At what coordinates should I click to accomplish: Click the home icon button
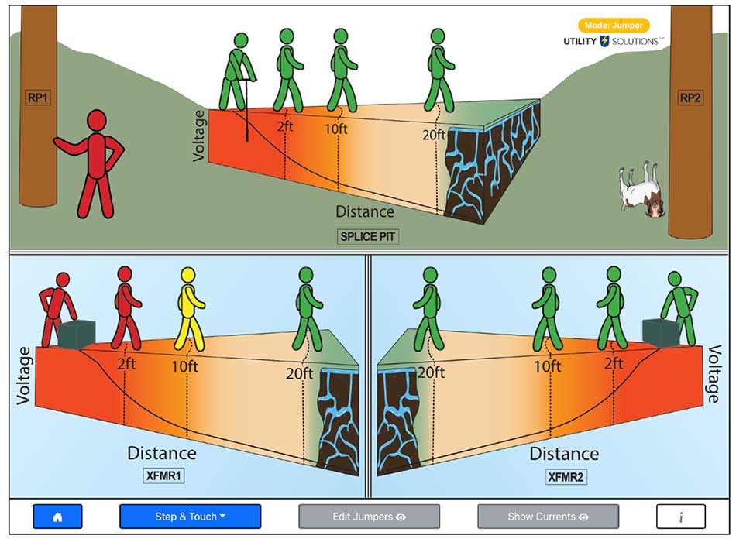pyautogui.click(x=57, y=517)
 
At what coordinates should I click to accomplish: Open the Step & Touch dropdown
pyautogui.click(x=190, y=517)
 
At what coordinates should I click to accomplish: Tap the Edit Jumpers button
pyautogui.click(x=369, y=517)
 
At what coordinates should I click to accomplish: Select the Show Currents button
pyautogui.click(x=548, y=517)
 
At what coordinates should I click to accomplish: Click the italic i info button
pyautogui.click(x=680, y=517)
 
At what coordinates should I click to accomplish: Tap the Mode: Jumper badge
pyautogui.click(x=614, y=26)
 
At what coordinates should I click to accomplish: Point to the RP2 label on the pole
pyautogui.click(x=690, y=98)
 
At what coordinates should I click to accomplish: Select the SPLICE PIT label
pyautogui.click(x=368, y=236)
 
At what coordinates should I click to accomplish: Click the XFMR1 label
pyautogui.click(x=163, y=475)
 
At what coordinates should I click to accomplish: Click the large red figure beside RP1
pyautogui.click(x=95, y=163)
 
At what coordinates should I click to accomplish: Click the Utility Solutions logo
pyautogui.click(x=612, y=41)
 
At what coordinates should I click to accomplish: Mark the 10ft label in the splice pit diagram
pyautogui.click(x=335, y=129)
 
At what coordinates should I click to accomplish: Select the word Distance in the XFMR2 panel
pyautogui.click(x=563, y=453)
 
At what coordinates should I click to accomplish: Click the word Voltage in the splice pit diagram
pyautogui.click(x=200, y=135)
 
